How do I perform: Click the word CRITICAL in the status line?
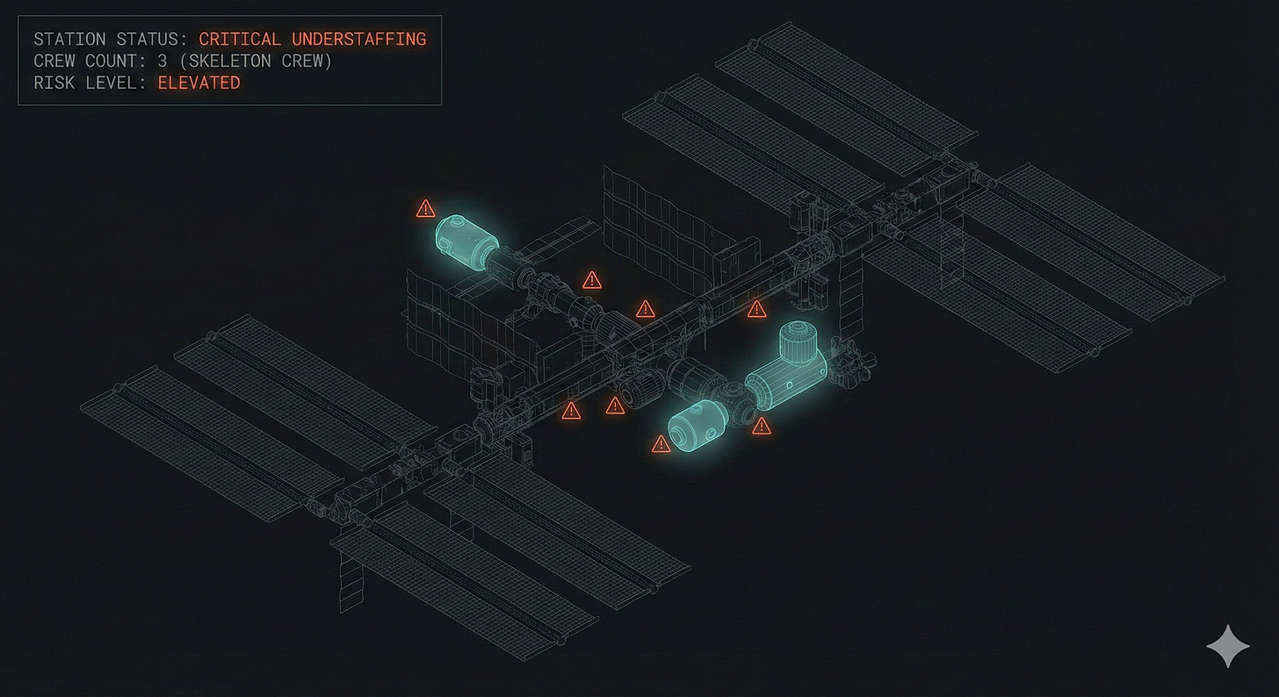coord(240,40)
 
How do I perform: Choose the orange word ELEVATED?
coord(199,83)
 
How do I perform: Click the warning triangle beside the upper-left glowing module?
coord(425,209)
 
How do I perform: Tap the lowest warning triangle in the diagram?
coord(661,444)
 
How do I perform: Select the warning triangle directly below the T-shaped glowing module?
coord(761,427)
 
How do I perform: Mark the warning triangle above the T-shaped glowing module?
coord(756,309)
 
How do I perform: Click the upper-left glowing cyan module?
coord(466,236)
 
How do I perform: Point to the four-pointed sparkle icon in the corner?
coord(1227,647)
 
